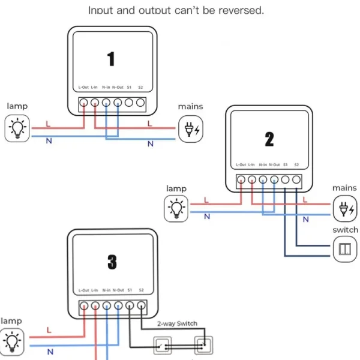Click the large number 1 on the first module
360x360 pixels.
click(x=111, y=59)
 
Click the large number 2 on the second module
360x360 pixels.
click(x=269, y=139)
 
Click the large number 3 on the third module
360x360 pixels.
click(x=112, y=262)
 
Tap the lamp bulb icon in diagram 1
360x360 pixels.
click(x=17, y=128)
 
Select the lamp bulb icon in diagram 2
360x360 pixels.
click(x=176, y=208)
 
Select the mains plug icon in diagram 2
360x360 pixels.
click(x=344, y=208)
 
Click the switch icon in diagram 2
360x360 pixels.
click(x=344, y=249)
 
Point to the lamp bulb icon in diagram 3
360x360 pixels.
click(x=12, y=341)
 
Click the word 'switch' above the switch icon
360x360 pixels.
click(x=345, y=230)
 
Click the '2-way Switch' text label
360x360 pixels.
click(x=178, y=323)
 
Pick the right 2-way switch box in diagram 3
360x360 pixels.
click(x=202, y=345)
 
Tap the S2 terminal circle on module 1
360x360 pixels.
click(x=140, y=103)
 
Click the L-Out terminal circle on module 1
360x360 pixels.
click(x=83, y=103)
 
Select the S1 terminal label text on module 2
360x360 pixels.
click(x=286, y=164)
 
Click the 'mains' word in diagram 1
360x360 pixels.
click(x=190, y=107)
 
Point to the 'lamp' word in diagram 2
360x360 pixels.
click(x=176, y=188)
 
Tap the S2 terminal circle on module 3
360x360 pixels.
click(x=140, y=305)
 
